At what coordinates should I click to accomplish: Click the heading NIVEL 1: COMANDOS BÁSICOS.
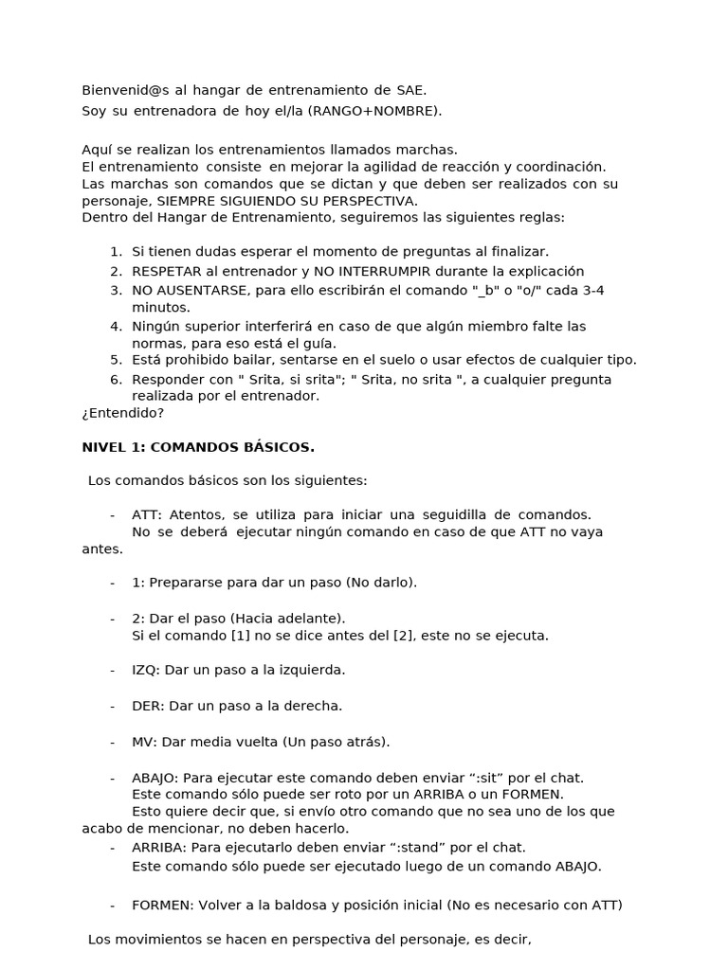(198, 446)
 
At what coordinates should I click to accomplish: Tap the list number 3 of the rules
(116, 291)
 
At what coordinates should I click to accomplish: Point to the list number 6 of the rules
(116, 380)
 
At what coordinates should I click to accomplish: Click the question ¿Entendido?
(123, 413)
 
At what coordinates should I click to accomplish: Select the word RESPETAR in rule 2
(164, 272)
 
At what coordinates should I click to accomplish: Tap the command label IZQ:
(146, 670)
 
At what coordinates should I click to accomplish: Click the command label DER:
(147, 706)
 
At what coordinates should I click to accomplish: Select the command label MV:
(145, 742)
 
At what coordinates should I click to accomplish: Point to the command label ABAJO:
(155, 778)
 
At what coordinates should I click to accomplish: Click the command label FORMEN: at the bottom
(162, 905)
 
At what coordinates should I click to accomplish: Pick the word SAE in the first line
(409, 91)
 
